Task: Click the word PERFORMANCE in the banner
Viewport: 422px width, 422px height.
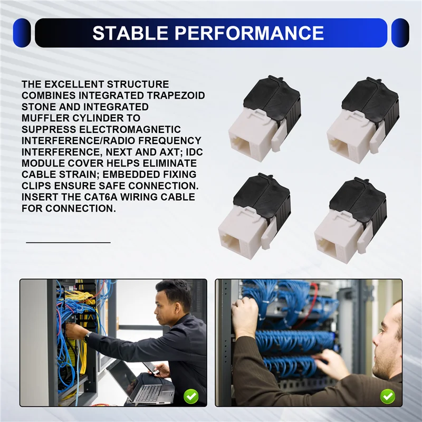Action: coord(249,33)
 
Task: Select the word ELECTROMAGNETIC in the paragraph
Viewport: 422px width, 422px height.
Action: coord(130,129)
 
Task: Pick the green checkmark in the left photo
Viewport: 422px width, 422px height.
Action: coord(191,396)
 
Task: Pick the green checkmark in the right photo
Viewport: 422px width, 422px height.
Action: coord(388,396)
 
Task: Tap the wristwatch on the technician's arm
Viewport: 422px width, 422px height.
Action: coord(87,337)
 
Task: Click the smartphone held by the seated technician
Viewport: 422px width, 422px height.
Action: coord(151,368)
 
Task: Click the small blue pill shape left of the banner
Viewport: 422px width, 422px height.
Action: coord(22,33)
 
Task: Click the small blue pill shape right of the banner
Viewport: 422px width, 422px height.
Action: coord(400,33)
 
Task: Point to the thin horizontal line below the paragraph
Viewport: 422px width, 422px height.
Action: coord(69,243)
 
